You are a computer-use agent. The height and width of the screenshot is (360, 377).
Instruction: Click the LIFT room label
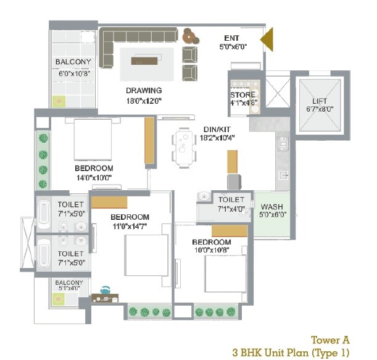coord(319,101)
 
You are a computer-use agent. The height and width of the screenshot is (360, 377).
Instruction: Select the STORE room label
coord(244,95)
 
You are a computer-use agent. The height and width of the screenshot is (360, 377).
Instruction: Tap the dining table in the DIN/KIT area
coord(184,148)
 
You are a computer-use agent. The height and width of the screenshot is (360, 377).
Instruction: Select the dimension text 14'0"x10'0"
coord(94,178)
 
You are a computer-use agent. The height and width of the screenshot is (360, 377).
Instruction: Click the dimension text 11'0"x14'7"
coord(130,227)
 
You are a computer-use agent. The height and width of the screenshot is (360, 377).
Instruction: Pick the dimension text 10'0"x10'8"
coord(211,251)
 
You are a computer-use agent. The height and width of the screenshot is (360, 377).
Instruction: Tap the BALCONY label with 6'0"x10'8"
coord(73,62)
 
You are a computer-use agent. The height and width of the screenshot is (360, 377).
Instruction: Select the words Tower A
coord(329,340)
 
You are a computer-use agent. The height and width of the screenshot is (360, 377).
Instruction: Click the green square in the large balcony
coord(59,100)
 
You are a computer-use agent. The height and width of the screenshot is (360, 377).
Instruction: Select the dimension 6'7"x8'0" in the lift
coord(319,110)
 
